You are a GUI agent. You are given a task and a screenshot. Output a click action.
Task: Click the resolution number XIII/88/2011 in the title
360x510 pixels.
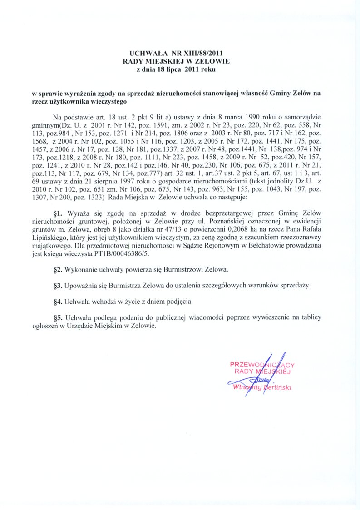200,53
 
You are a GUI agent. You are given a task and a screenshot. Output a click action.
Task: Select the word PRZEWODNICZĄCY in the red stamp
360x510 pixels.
262,364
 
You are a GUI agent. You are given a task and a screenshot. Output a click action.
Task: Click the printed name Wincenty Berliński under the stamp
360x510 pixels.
261,387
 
